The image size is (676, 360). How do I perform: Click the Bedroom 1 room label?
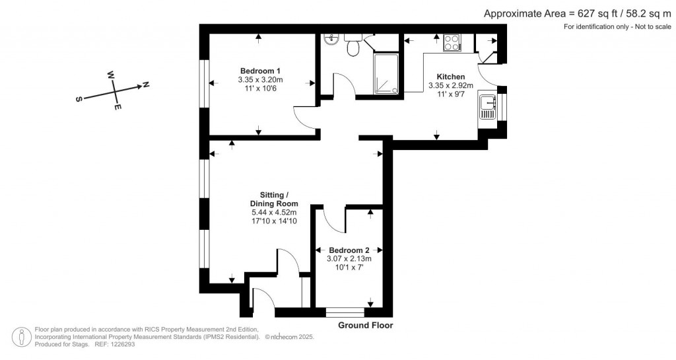pyautogui.click(x=260, y=71)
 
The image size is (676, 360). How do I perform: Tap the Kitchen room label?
pyautogui.click(x=451, y=77)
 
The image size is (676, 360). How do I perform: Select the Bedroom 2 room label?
pyautogui.click(x=349, y=250)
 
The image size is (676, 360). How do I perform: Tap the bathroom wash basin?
pyautogui.click(x=331, y=40)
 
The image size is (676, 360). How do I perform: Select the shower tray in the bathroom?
pyautogui.click(x=386, y=73)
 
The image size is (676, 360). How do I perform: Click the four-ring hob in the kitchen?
pyautogui.click(x=452, y=42)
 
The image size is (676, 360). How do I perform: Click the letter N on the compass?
pyautogui.click(x=146, y=85)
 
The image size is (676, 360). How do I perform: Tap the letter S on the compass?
pyautogui.click(x=79, y=99)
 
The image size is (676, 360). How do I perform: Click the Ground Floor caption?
pyautogui.click(x=365, y=325)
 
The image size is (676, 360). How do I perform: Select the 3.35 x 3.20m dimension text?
pyautogui.click(x=260, y=80)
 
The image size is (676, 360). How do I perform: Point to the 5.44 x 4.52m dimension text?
pyautogui.click(x=273, y=213)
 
